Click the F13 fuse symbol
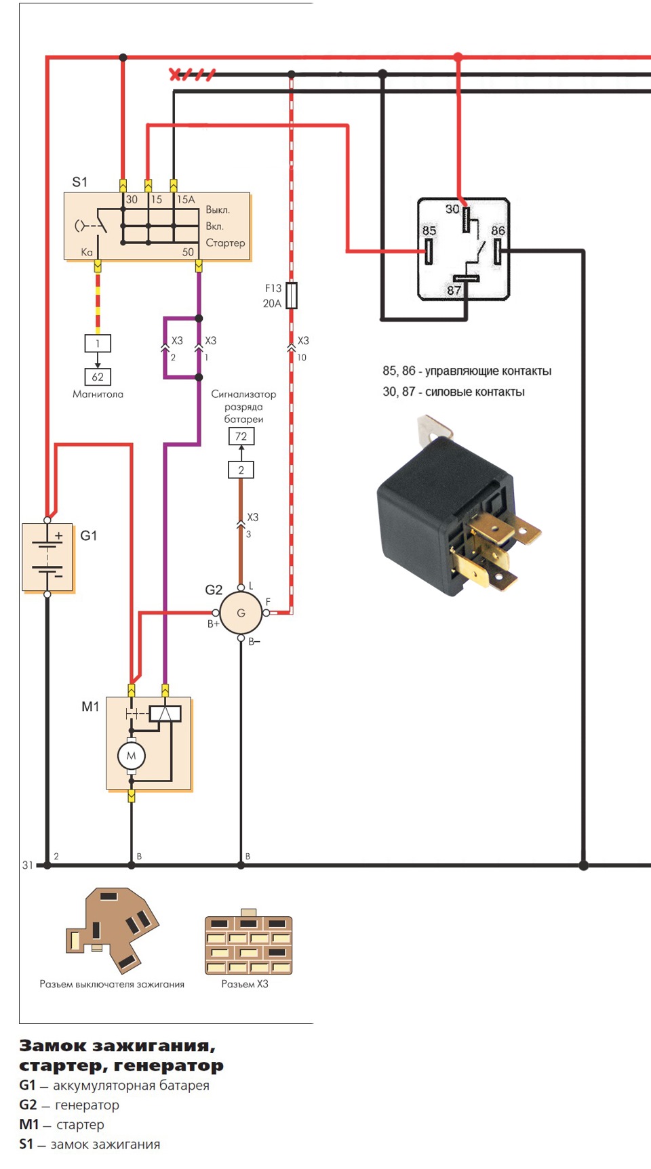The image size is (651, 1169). pyautogui.click(x=292, y=295)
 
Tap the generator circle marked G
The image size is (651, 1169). pyautogui.click(x=241, y=613)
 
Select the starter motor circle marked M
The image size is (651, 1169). pyautogui.click(x=132, y=756)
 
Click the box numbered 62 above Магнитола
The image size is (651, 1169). pyautogui.click(x=98, y=377)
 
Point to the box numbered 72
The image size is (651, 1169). pyautogui.click(x=241, y=436)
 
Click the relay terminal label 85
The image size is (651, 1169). pyautogui.click(x=429, y=230)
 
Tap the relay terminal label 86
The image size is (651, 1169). pyautogui.click(x=498, y=230)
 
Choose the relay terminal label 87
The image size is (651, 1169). pyautogui.click(x=454, y=290)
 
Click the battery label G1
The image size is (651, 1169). pyautogui.click(x=89, y=535)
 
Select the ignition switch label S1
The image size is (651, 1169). pyautogui.click(x=80, y=182)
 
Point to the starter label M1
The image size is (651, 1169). pyautogui.click(x=90, y=707)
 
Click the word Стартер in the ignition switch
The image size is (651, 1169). pyautogui.click(x=225, y=243)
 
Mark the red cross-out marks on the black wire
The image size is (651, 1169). pyautogui.click(x=193, y=75)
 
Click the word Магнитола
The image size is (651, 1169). pyautogui.click(x=98, y=394)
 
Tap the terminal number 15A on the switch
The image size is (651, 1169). pyautogui.click(x=186, y=199)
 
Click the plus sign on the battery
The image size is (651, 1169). pyautogui.click(x=59, y=535)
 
